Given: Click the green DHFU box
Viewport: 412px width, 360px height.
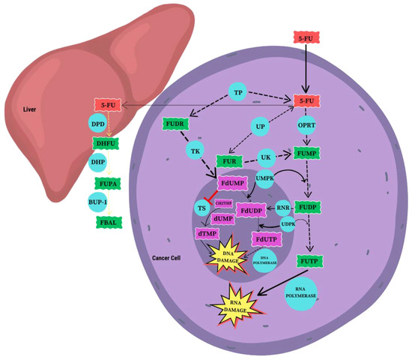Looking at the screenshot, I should (103, 143).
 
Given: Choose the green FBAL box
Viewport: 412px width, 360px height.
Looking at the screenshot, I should (103, 221).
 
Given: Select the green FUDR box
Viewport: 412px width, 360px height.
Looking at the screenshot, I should (174, 123).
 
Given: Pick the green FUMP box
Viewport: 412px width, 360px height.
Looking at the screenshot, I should (307, 152).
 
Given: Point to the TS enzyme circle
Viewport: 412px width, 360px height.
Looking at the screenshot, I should (202, 208).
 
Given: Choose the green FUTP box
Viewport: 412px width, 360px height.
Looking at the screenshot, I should (309, 260).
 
